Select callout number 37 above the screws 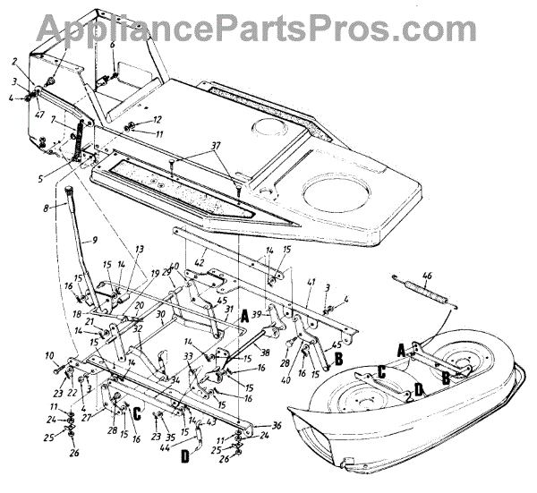[214, 146]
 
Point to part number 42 [201, 264]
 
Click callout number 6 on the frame [112, 43]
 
